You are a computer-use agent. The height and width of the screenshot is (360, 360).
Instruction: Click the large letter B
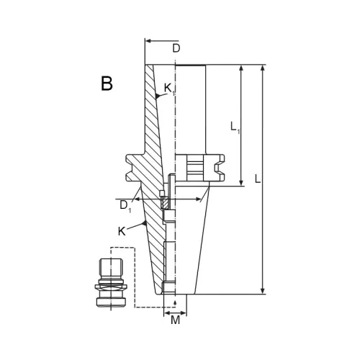coord(107,84)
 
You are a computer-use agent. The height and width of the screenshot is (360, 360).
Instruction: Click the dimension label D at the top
coord(176,48)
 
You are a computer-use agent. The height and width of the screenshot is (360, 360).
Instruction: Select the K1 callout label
coord(169,89)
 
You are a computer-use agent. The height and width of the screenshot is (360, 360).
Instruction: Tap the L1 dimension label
coord(235,127)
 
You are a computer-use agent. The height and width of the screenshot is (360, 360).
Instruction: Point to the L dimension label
coord(258,179)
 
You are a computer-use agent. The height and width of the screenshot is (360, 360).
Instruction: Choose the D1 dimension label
coord(125,206)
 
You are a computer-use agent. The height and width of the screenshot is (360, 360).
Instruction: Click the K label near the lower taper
coord(122,232)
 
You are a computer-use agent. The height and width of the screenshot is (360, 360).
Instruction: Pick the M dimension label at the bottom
coord(176,320)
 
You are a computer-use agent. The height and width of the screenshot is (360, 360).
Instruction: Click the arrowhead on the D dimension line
coord(149,41)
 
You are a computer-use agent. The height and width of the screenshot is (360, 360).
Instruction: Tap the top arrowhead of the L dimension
coord(263,68)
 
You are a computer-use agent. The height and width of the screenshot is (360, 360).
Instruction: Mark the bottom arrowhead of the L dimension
coord(263,291)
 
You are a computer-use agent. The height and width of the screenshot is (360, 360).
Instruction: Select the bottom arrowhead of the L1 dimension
coord(241,183)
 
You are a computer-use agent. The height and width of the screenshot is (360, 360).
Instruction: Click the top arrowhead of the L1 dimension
coord(241,68)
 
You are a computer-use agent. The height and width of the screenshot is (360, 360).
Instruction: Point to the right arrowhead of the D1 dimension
coord(199,199)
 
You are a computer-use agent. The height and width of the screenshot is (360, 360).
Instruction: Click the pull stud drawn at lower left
coord(111,283)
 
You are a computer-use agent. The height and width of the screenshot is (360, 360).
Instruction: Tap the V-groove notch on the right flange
coord(217,168)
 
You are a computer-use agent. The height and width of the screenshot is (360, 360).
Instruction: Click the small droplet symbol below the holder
coord(175,303)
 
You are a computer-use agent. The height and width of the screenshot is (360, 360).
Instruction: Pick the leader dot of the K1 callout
coord(157,96)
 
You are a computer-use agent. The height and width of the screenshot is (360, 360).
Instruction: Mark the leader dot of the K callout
coord(145,223)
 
